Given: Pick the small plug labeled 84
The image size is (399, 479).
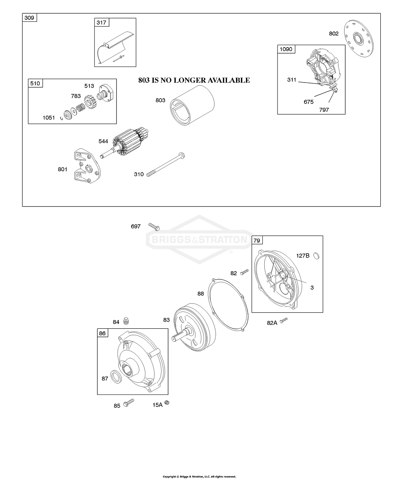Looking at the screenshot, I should point(126,321).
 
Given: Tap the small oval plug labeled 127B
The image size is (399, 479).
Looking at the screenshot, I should point(316,255).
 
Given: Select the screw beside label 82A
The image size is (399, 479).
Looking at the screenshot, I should point(284,320).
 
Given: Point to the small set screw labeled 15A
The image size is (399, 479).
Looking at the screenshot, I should point(168,403).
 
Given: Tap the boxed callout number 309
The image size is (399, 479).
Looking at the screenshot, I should point(29,18).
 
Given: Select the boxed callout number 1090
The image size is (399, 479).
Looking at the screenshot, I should point(286,49).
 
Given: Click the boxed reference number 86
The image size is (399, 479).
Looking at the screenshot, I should point(102,333).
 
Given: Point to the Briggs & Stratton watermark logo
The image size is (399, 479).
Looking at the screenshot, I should point(199,239).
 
